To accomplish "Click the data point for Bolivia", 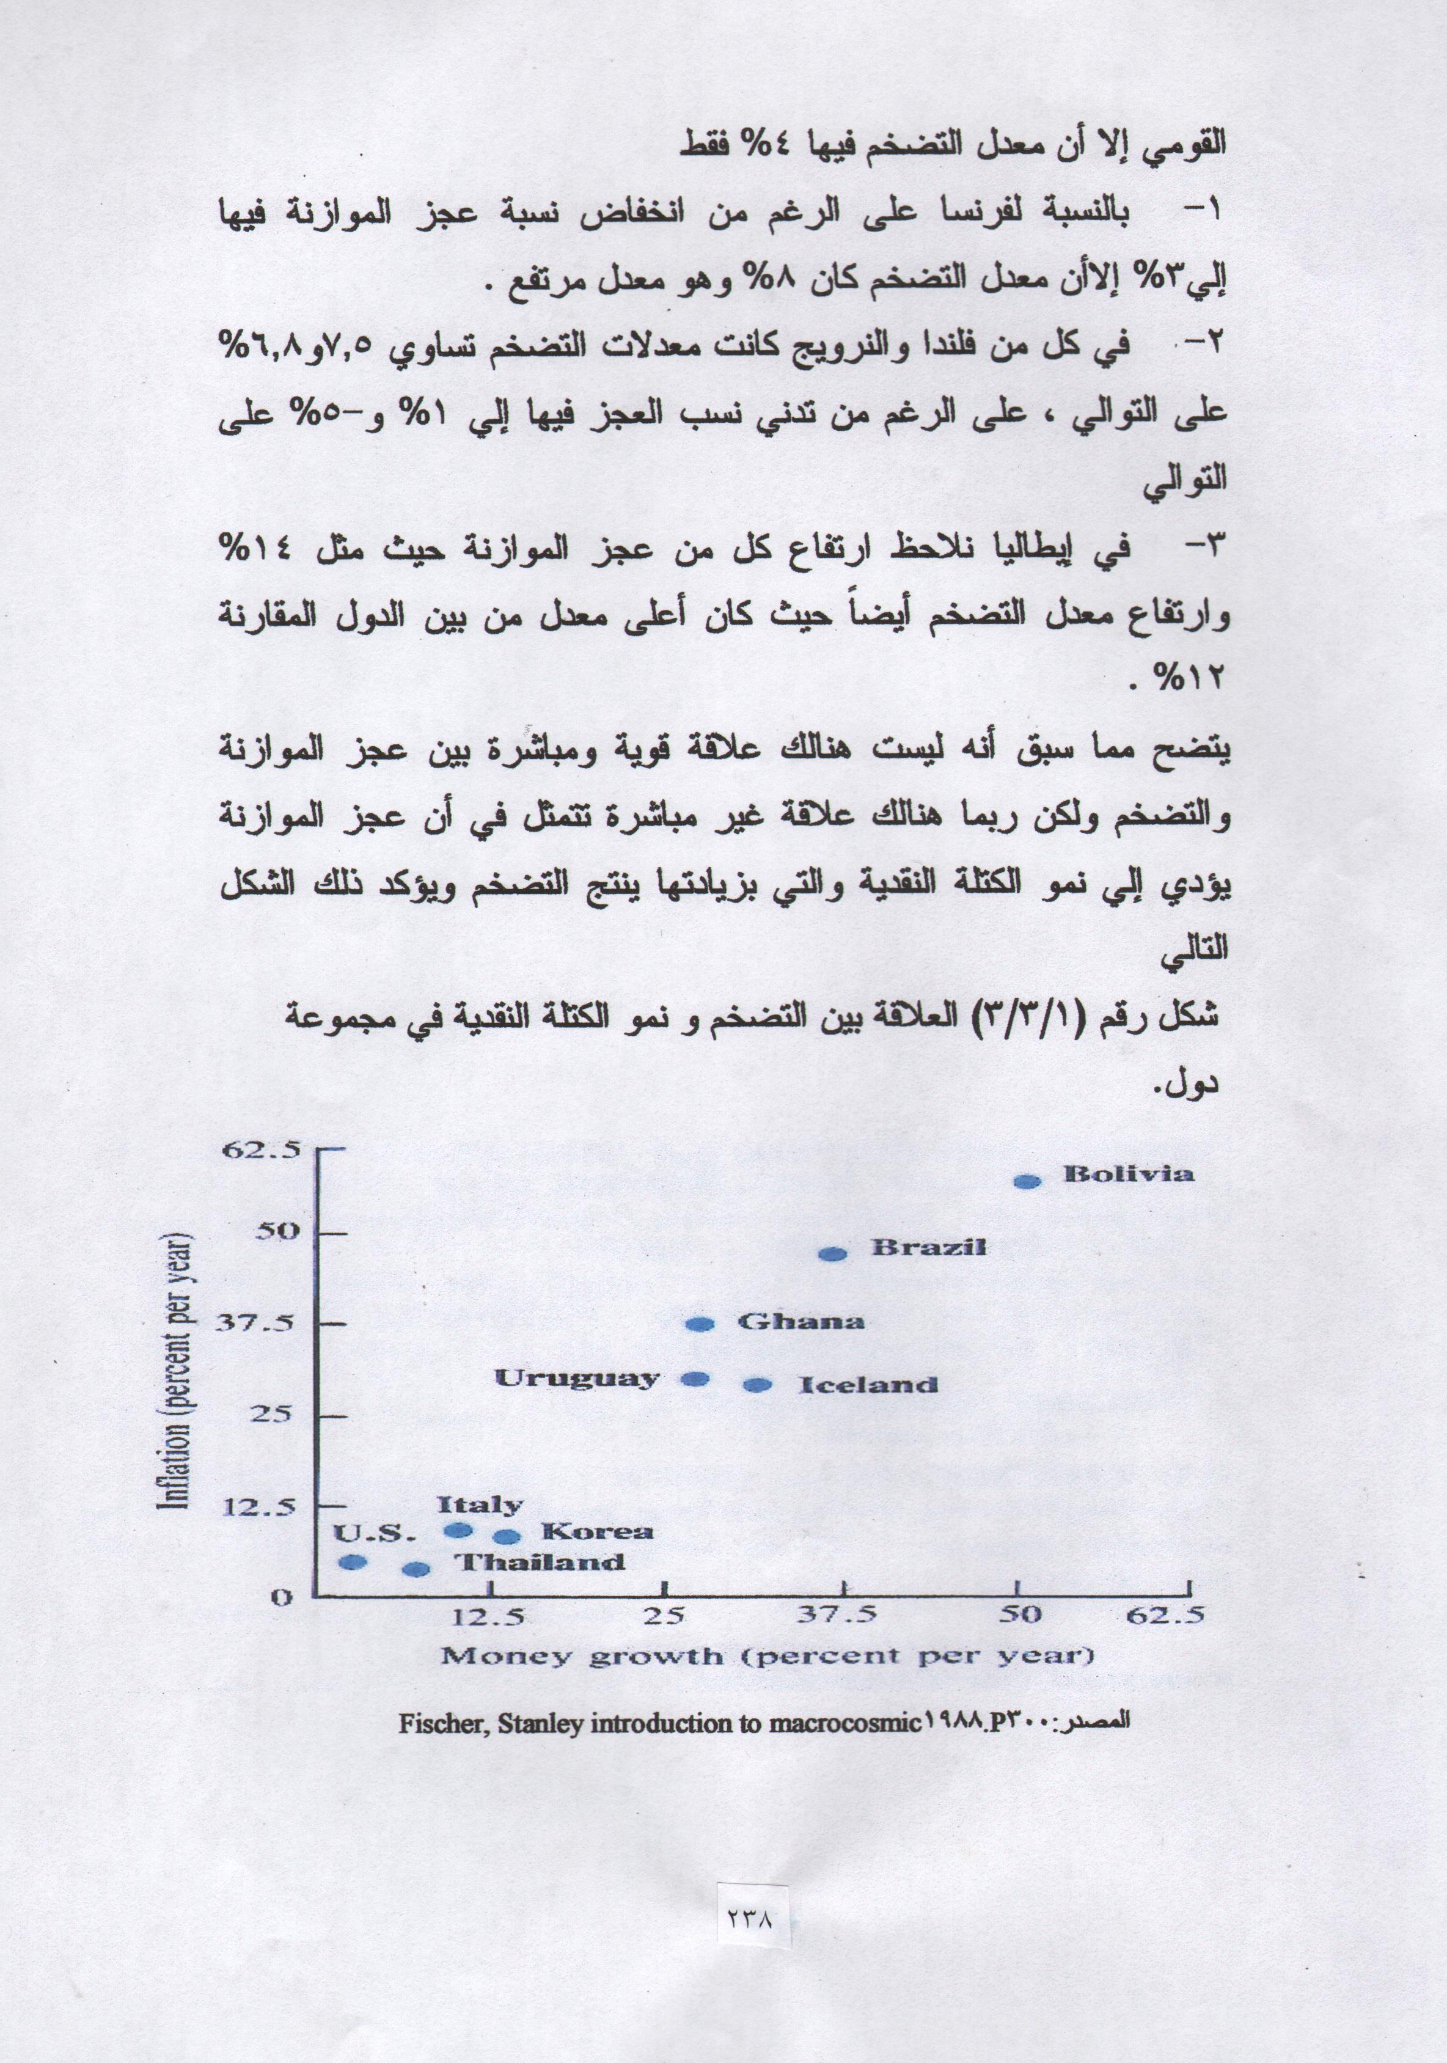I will coord(1027,1182).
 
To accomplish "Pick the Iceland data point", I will coord(758,1385).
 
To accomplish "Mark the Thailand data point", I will coord(416,1569).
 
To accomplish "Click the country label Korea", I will coord(597,1532).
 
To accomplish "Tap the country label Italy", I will coord(479,1505).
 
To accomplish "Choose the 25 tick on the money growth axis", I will coord(664,1614).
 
